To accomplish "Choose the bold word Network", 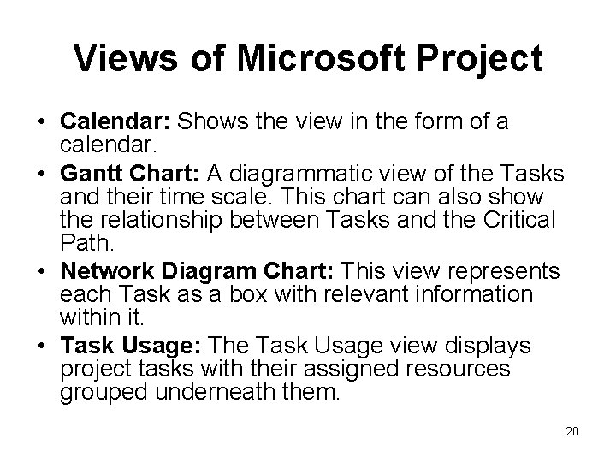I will pyautogui.click(x=106, y=272).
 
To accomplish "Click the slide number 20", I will pyautogui.click(x=572, y=430).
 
